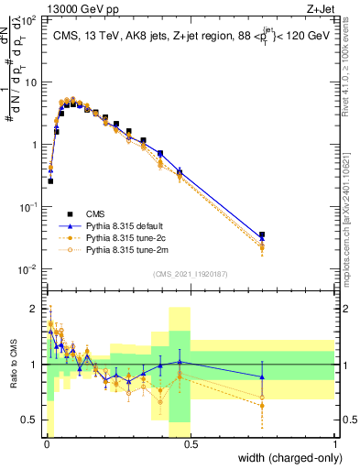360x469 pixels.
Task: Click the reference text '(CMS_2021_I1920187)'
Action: (x=191, y=274)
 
